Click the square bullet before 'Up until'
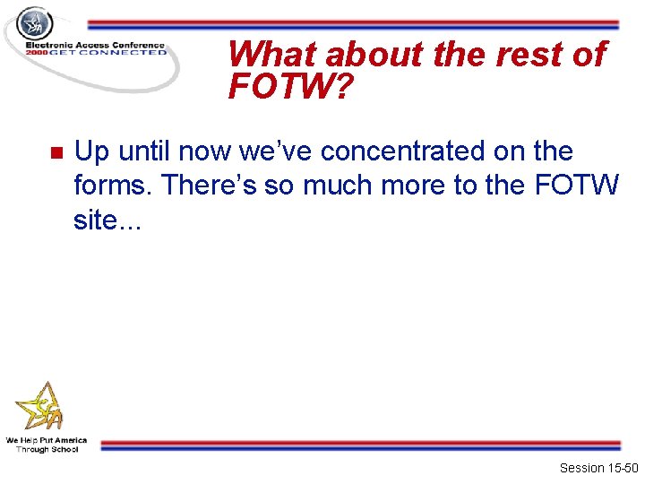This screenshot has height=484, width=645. pos(54,151)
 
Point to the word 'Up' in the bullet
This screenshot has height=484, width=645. pos(90,151)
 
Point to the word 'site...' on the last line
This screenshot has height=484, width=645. pos(107,220)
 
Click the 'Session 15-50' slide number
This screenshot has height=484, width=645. pos(598,468)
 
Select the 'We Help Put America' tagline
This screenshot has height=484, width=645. pos(47,440)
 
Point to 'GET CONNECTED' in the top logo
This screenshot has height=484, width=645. pos(109,53)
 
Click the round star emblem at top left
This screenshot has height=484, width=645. pos(36,23)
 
